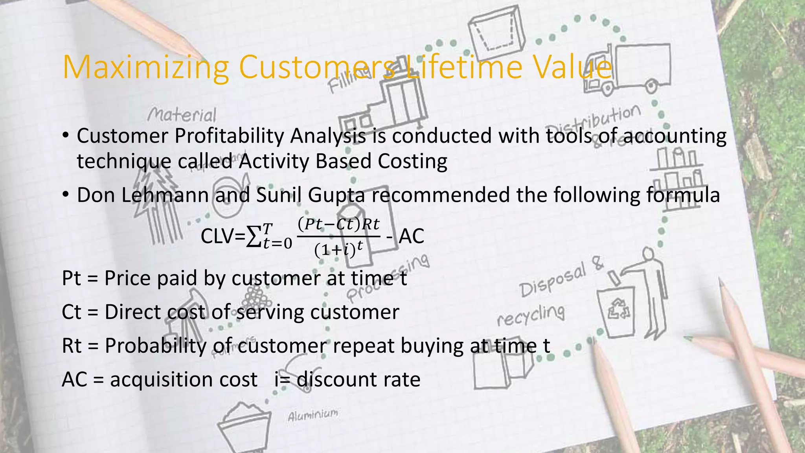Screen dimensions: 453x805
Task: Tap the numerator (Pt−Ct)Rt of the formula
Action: click(338, 224)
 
